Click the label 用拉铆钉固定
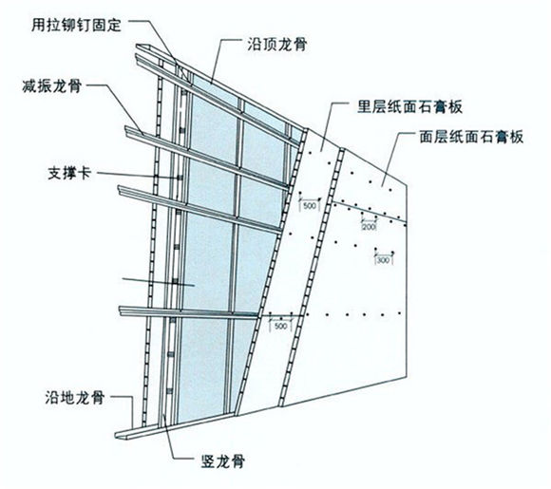76,25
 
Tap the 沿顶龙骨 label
277,45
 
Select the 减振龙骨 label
52,85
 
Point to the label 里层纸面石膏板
409,106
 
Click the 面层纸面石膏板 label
471,137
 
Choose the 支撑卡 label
69,173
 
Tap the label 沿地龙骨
75,398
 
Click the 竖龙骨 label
222,461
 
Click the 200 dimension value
369,227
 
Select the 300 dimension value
384,260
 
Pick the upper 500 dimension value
310,205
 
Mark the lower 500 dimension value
280,326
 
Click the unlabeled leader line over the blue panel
159,282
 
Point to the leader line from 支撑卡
138,176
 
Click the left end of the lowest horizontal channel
121,311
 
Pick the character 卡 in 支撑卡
85,173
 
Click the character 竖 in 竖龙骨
208,461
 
